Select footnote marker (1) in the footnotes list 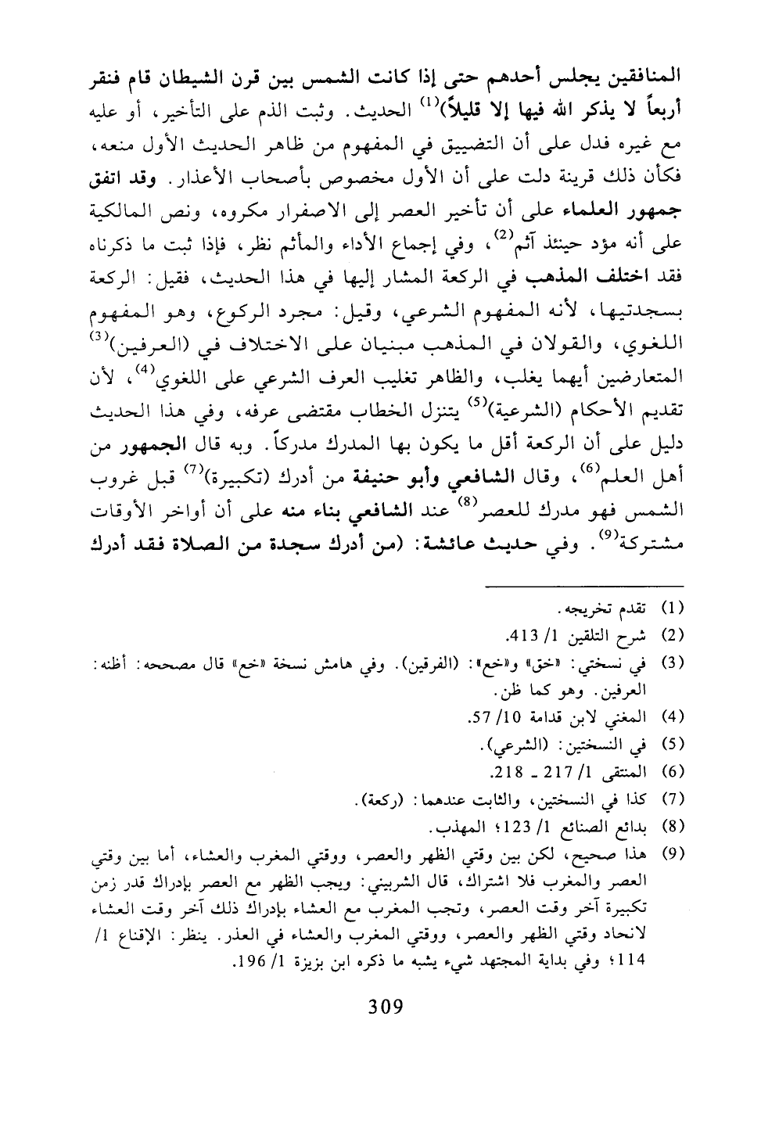coord(673,606)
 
